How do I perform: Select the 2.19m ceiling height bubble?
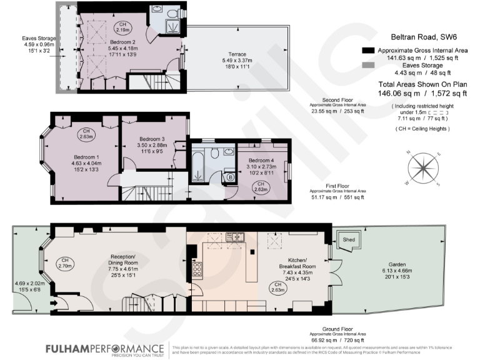coord(123,26)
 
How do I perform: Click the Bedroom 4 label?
coord(262,160)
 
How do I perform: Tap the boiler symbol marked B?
coord(231,177)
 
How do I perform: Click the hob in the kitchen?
coord(197,269)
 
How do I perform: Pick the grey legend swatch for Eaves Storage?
coord(369,64)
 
